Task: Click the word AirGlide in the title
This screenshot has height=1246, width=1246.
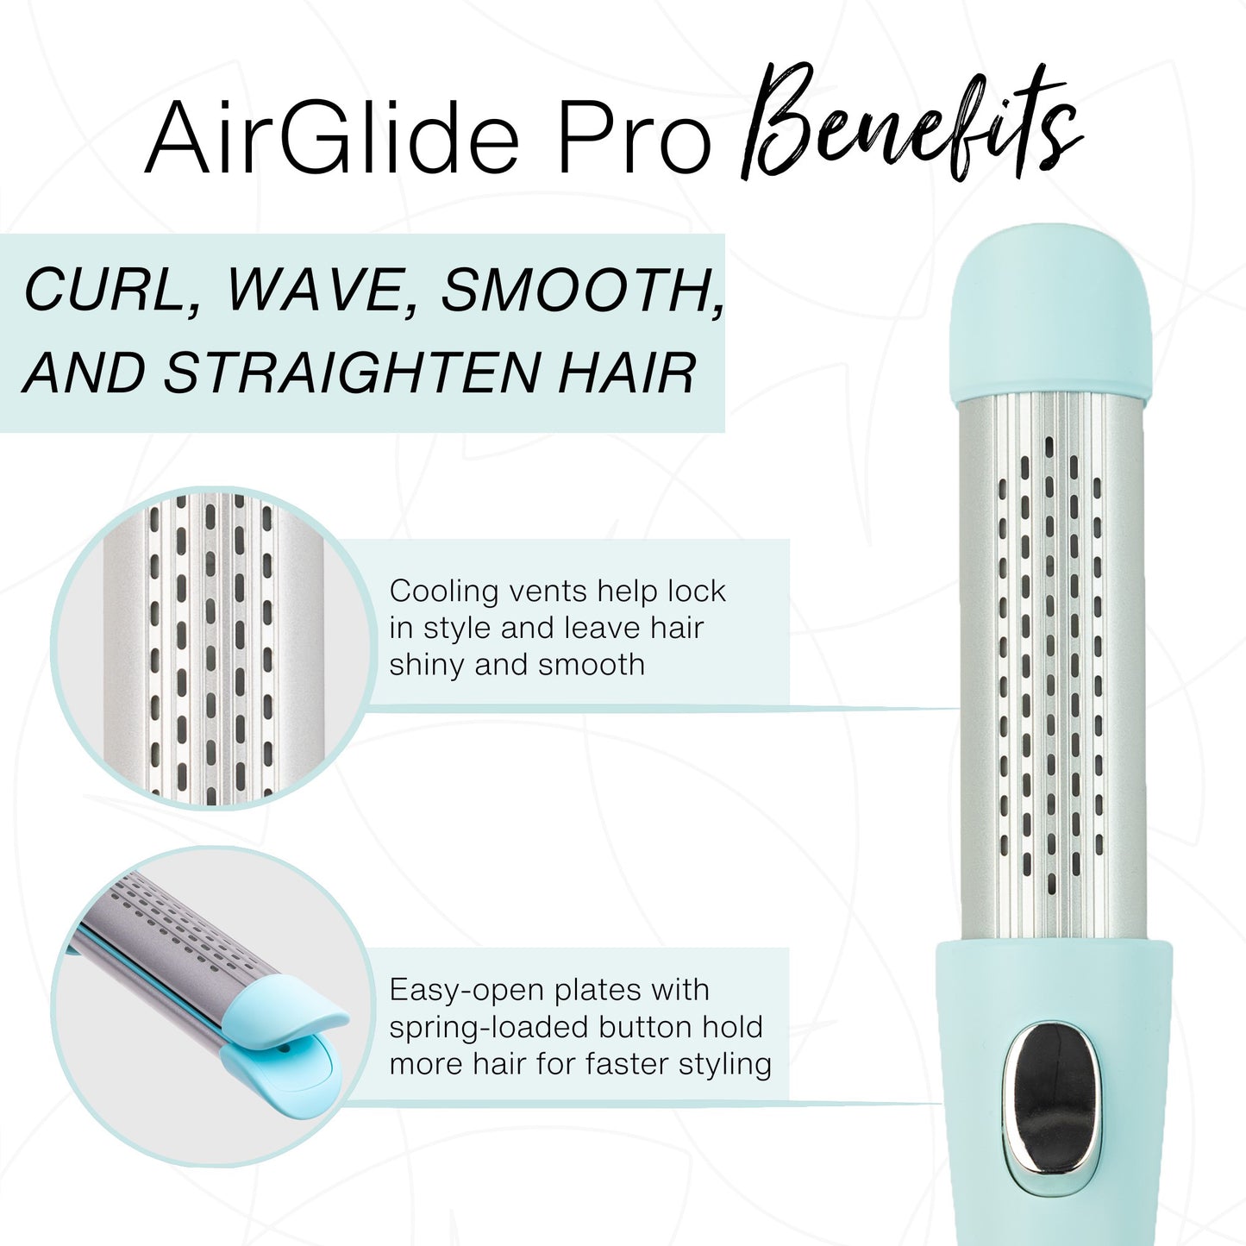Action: click(333, 138)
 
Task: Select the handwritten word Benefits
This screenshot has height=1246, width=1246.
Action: click(910, 125)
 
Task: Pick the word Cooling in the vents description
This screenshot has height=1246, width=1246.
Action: click(444, 592)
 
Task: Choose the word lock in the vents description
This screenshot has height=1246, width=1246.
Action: click(697, 592)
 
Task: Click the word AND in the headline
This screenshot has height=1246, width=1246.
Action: click(85, 373)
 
